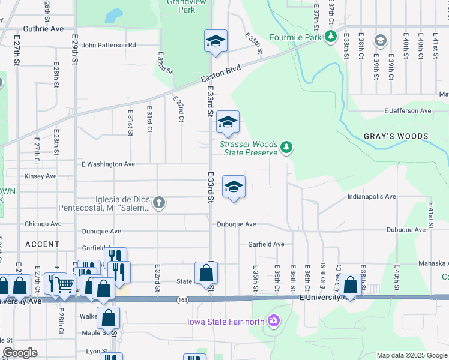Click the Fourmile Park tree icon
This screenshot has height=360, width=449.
(330, 37)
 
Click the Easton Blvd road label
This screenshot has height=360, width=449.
(220, 74)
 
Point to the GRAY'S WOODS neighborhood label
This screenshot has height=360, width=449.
(396, 136)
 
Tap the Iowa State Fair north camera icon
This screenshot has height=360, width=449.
(274, 320)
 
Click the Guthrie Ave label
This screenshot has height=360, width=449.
(43, 29)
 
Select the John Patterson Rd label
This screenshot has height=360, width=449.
(109, 45)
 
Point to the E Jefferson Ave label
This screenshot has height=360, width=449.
(408, 111)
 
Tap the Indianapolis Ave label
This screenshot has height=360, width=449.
(372, 196)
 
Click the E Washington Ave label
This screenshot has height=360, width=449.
(109, 164)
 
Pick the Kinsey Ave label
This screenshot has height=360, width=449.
(40, 176)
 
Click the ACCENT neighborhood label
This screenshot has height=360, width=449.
(43, 244)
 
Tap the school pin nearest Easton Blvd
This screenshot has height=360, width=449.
(215, 41)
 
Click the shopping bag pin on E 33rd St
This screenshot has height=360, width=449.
(206, 273)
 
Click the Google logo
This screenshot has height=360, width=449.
(20, 353)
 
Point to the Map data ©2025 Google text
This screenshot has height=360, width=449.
(411, 355)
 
